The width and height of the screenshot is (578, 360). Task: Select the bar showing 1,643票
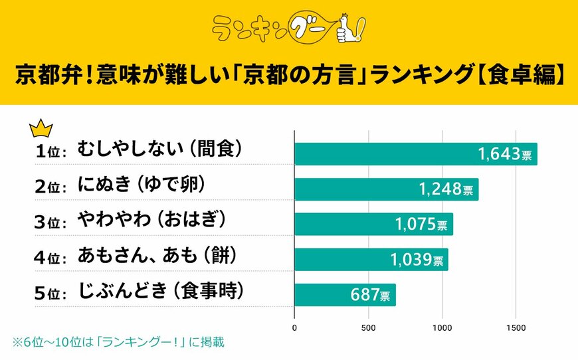tap(415, 154)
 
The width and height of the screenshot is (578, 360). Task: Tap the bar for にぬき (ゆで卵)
tap(386, 189)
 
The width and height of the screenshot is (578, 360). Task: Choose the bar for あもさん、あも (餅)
tap(371, 259)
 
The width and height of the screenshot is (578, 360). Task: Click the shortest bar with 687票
tap(345, 294)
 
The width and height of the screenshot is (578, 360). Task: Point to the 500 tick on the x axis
tap(369, 327)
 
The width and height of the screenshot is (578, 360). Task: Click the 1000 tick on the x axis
tap(442, 327)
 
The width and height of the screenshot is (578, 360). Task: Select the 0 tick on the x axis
tap(294, 327)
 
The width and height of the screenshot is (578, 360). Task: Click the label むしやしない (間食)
tap(159, 149)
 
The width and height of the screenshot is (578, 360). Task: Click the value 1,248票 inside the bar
tap(446, 190)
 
